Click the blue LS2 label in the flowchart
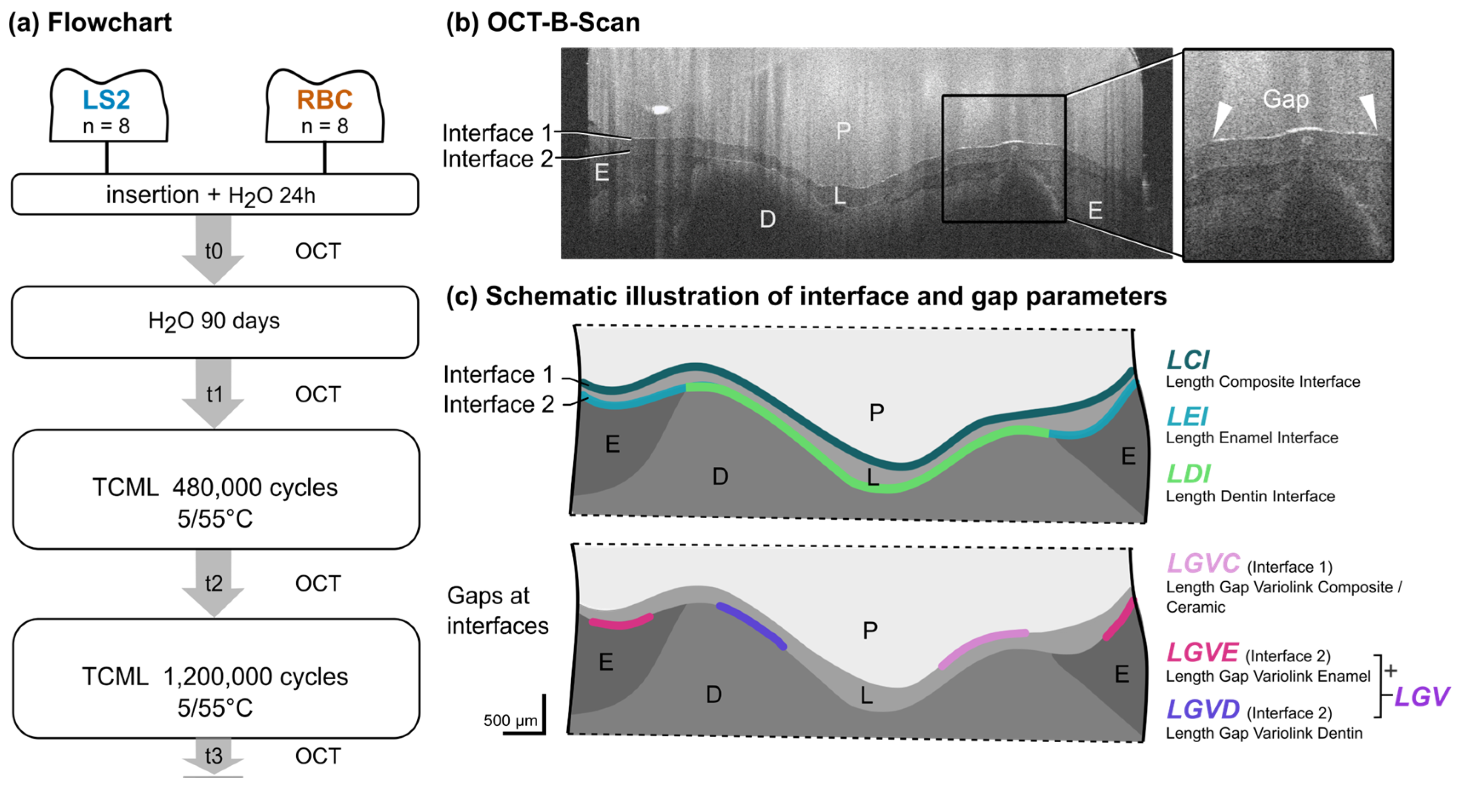tap(106, 100)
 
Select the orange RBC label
tap(324, 100)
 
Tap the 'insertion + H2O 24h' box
tap(215, 195)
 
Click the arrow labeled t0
tap(213, 251)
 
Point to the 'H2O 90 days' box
tap(215, 322)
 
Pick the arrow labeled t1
tap(213, 394)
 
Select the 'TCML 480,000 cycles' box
tap(216, 489)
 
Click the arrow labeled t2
tap(213, 583)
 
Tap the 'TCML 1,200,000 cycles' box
tap(216, 678)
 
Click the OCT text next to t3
tap(318, 756)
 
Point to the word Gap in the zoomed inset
tap(1285, 99)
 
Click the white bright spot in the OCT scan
tap(659, 109)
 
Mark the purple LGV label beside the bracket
tap(1421, 696)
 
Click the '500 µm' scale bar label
tap(510, 720)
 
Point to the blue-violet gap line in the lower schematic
tap(751, 626)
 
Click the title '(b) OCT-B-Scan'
tap(543, 23)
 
